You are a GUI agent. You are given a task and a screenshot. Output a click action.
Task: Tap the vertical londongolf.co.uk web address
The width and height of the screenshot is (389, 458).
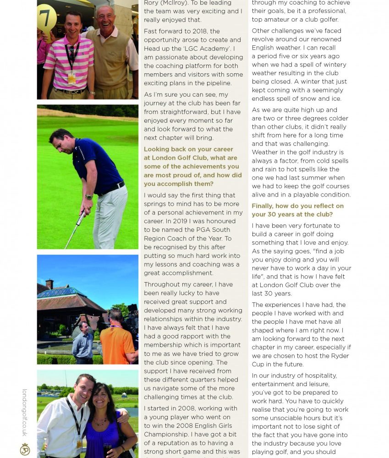[25, 412]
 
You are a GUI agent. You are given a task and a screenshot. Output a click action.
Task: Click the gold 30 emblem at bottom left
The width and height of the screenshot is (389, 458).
[25, 449]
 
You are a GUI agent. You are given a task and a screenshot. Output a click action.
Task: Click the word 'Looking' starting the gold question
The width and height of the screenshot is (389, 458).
[157, 149]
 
